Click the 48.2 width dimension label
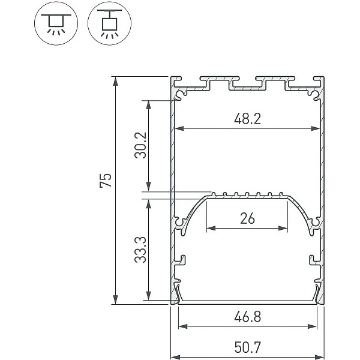[247, 119]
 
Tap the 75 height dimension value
[106, 181]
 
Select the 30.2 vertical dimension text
[140, 145]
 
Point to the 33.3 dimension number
[140, 250]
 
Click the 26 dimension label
[247, 218]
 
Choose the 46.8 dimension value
[247, 317]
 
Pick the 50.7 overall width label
[247, 347]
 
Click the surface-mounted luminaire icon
[56, 23]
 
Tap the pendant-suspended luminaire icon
[109, 23]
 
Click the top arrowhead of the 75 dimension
[115, 81]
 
